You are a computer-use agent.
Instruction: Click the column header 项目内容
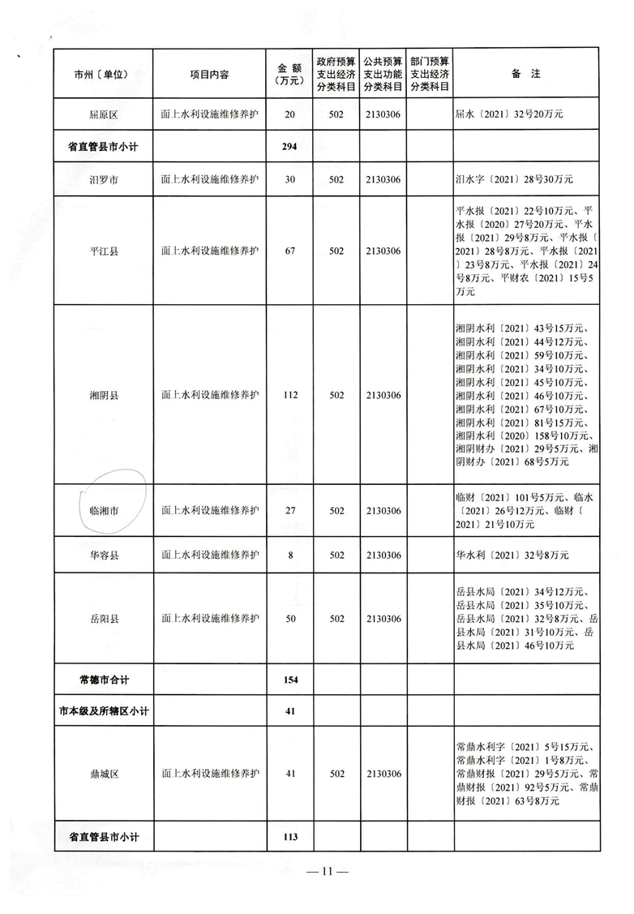coord(209,74)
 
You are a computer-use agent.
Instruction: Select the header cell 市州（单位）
coord(102,74)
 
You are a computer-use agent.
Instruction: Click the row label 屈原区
coord(103,116)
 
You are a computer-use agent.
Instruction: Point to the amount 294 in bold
coord(290,147)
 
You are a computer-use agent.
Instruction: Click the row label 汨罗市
coord(103,179)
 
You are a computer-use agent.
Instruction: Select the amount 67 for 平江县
coord(290,251)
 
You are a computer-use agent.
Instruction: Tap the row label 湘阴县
coord(103,396)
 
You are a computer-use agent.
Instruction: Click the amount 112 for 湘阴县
coord(290,396)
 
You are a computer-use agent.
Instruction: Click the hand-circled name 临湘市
coord(104,512)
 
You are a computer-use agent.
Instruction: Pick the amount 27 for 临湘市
coord(290,511)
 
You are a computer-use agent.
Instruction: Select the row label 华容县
coord(103,556)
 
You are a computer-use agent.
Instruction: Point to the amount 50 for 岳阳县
coord(290,619)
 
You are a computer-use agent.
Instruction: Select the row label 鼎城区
coord(103,774)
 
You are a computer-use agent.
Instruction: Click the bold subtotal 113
coord(290,837)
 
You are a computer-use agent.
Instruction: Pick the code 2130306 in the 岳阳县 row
coord(383,619)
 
